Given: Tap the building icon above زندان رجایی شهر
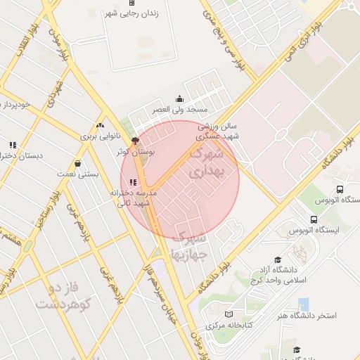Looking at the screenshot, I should (131, 3).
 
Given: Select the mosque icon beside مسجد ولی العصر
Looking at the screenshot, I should (179, 99).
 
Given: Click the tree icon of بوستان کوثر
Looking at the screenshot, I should (136, 141).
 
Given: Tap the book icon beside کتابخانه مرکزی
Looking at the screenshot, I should (227, 314).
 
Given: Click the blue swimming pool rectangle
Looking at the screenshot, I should (304, 304).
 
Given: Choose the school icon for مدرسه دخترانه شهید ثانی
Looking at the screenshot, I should (133, 183).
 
